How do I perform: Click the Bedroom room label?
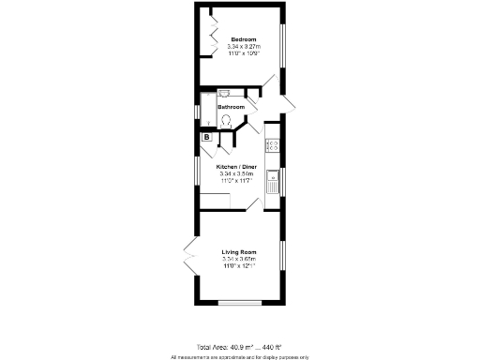245,38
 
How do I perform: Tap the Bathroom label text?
231,107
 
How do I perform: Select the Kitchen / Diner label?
236,166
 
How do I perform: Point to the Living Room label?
238,251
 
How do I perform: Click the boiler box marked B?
205,139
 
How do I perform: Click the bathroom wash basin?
225,94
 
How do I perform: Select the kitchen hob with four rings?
273,145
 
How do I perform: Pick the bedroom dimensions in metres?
245,47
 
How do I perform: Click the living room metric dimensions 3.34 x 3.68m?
238,259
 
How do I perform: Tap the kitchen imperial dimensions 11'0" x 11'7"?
236,181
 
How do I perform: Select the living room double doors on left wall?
190,257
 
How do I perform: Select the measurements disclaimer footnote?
239,356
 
